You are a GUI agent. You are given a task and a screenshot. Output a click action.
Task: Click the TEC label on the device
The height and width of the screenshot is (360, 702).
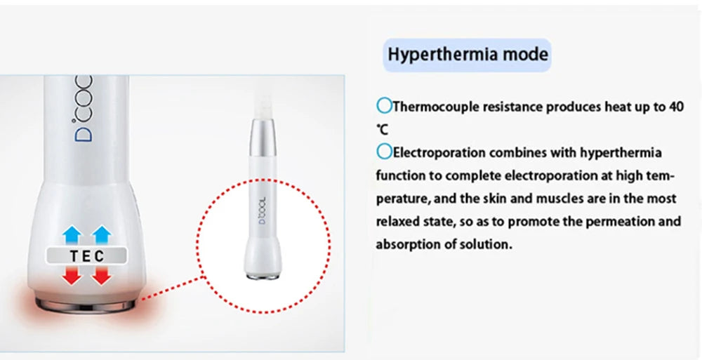pos(88,256)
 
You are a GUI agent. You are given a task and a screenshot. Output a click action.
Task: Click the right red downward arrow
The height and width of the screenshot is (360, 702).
pos(102,276)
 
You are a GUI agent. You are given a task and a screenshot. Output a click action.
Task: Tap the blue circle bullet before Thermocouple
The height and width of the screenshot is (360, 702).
pos(383,107)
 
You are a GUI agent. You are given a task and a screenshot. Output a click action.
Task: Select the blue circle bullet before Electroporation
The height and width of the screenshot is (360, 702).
pos(383,152)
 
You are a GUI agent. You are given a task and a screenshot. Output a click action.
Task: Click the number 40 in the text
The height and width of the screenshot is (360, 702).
pos(675,107)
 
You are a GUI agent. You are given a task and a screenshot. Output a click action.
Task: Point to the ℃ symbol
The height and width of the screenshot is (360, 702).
pos(381,131)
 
